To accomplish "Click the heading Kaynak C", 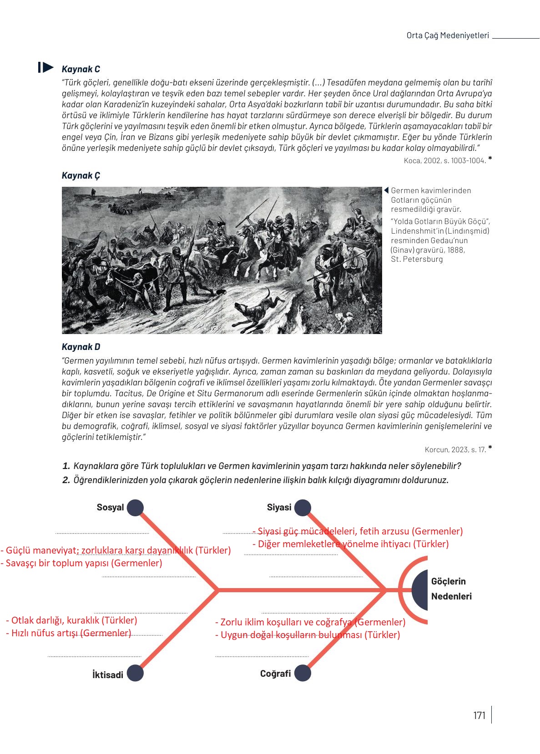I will [81, 69].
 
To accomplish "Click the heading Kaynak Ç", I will [81, 175].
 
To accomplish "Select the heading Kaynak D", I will [81, 347].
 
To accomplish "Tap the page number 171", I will [479, 715].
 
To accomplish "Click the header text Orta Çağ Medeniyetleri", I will [447, 35].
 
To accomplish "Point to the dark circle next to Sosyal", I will [135, 508].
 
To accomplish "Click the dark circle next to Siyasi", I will [303, 508].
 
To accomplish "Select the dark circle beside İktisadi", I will [135, 673].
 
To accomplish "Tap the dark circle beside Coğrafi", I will [303, 673].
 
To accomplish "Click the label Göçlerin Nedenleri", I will [450, 589].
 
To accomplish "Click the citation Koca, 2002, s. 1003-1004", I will [444, 160].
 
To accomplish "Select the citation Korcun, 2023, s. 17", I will [455, 449].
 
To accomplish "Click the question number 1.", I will [66, 466].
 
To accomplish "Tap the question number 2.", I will [66, 480].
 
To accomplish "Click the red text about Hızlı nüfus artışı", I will [68, 633].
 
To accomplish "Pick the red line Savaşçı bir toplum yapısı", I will [82, 563].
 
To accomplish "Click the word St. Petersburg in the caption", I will [416, 259].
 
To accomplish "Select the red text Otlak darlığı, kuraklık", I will [71, 620].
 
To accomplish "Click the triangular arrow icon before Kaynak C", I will [46, 68].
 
